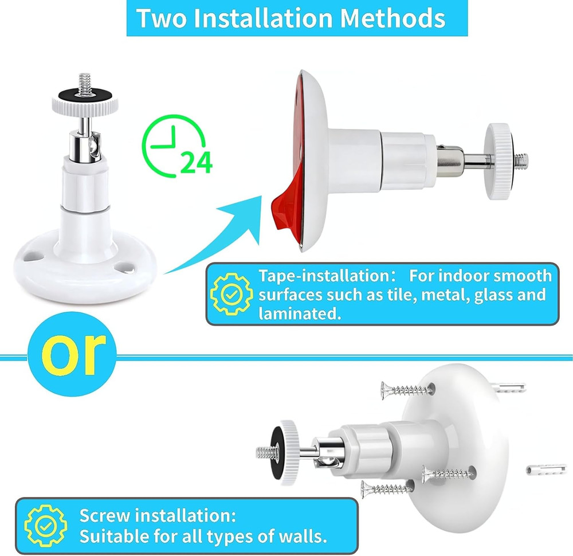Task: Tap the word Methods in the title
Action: click(393, 18)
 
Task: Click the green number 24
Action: click(197, 163)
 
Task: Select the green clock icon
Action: click(171, 144)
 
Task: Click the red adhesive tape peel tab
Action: click(280, 212)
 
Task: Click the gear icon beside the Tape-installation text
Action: click(231, 294)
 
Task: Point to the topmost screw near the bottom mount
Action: click(407, 390)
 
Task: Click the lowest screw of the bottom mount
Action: click(386, 489)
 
